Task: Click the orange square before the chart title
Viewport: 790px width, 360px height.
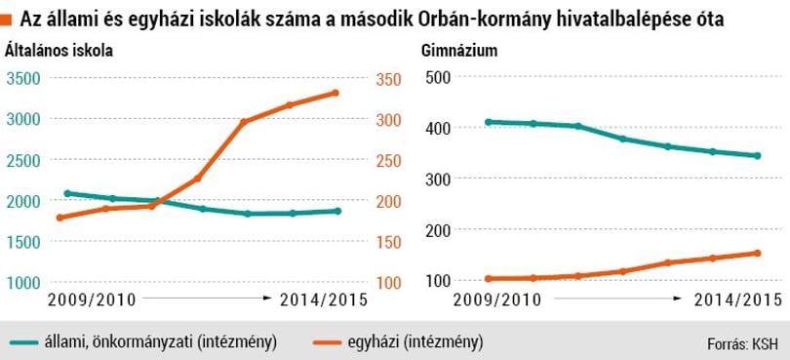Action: coord(6,20)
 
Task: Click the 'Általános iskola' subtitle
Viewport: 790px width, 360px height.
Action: coord(59,52)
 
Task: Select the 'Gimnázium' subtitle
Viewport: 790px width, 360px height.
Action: coord(459,52)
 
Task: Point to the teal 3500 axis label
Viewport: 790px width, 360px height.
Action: coord(23,79)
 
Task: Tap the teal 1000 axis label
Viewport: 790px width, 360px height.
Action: coord(23,283)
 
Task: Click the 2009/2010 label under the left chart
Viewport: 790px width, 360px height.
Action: coord(93,300)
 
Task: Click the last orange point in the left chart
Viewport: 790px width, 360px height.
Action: coord(335,93)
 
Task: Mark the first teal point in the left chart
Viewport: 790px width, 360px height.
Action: coord(67,193)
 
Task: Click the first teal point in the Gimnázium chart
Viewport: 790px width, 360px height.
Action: coord(487,122)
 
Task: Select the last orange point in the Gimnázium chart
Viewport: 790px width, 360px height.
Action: coord(757,253)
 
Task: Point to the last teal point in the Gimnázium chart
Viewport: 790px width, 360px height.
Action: coord(757,156)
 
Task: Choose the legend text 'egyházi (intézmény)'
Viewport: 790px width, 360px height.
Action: coord(415,342)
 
